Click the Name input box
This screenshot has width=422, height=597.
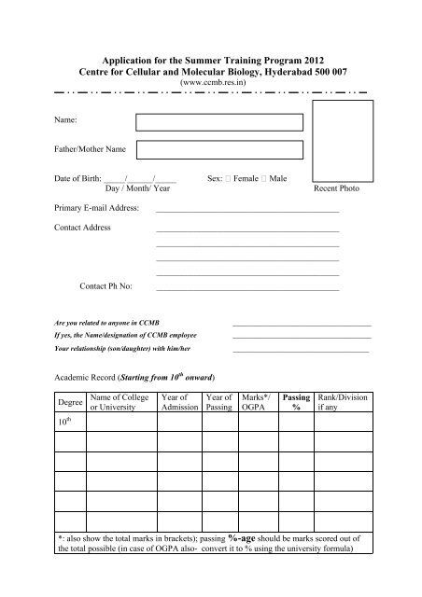[x=219, y=121]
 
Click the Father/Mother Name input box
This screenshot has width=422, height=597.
[x=219, y=149]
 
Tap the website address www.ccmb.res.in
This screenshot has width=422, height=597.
[x=211, y=80]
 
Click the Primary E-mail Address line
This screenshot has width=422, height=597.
[x=247, y=211]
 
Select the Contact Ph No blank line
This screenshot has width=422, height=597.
[x=247, y=290]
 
